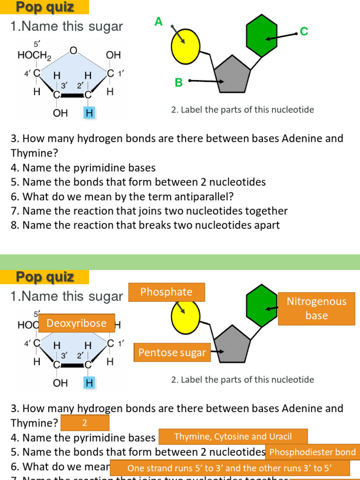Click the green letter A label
[158, 22]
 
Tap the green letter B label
[179, 83]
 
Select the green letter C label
[304, 31]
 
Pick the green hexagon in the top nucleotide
[262, 35]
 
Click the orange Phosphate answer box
[166, 292]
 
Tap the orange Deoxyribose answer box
[77, 323]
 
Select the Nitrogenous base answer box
[316, 308]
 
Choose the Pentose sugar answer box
[172, 352]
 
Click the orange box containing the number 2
[85, 423]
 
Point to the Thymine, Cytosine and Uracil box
[233, 436]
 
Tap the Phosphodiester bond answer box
[313, 452]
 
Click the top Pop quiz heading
[45, 7]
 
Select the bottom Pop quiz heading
[45, 277]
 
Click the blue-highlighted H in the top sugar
[89, 113]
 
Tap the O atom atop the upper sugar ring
[73, 50]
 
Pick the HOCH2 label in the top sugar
[34, 55]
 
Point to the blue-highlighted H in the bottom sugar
[89, 383]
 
